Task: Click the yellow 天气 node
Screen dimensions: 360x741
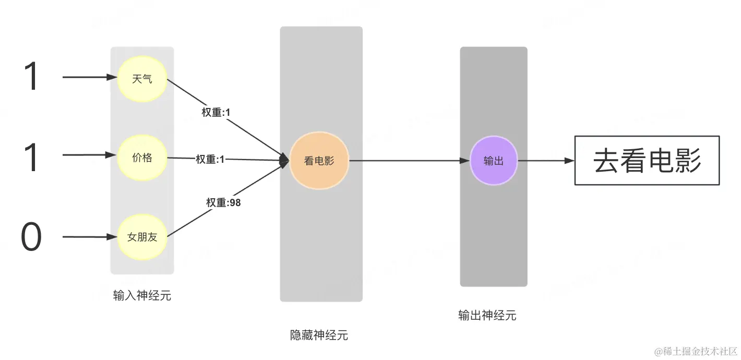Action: coord(142,79)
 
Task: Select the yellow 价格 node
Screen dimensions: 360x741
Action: coord(142,158)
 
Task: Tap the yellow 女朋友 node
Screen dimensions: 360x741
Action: coord(142,237)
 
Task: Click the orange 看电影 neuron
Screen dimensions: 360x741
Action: coord(319,161)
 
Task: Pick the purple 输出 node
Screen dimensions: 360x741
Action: coord(494,161)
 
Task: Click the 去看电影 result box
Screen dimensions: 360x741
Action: coord(647,161)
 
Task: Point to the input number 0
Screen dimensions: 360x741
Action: coord(31,237)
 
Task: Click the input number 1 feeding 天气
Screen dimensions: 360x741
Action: coord(31,77)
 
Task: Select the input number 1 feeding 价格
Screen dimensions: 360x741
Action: coord(31,157)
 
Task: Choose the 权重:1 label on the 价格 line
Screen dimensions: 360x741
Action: coord(210,159)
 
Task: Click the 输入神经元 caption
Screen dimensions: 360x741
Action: coord(142,296)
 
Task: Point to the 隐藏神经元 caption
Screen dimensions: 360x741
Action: coord(319,335)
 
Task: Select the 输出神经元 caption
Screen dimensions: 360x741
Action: coord(487,315)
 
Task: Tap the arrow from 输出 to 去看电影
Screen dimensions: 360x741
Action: coord(546,161)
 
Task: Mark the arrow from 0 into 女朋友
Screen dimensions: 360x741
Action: coord(89,237)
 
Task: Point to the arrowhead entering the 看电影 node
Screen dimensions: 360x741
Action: coord(285,160)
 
